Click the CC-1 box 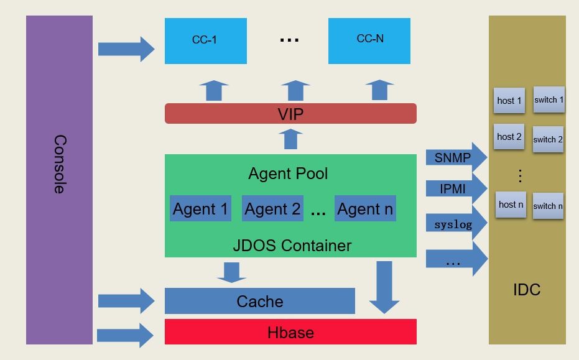205,41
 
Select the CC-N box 369,41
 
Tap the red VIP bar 290,114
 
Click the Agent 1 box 200,209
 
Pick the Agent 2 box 272,209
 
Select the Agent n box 365,209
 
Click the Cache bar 259,302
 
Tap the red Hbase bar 290,332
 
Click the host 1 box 509,100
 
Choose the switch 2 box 548,139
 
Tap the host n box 511,205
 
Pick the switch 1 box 549,99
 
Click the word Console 59,164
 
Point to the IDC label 527,290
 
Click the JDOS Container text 292,246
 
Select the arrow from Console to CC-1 126,48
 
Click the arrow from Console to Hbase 126,335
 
